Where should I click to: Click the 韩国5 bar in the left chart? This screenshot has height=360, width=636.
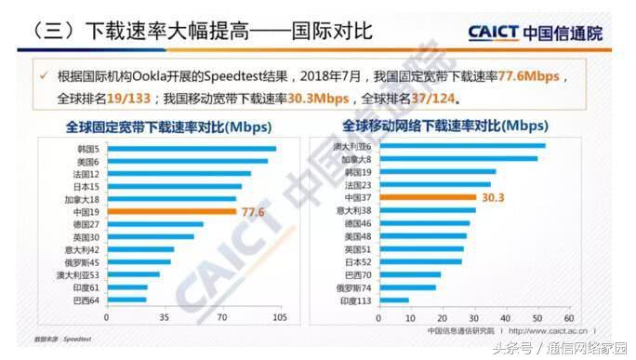[190, 149]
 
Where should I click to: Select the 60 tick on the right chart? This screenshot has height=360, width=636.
[568, 317]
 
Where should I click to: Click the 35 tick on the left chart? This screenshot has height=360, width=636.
[164, 317]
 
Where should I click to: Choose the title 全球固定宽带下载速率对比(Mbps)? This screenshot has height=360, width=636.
[164, 126]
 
